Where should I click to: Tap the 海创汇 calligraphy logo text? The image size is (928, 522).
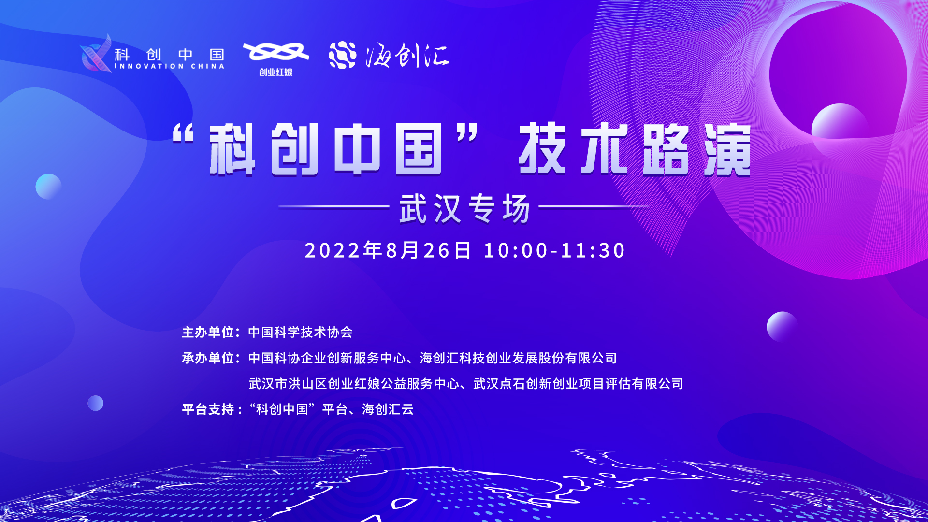coord(407,56)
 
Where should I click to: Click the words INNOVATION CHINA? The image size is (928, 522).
coord(169,66)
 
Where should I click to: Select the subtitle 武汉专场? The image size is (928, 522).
coord(465,208)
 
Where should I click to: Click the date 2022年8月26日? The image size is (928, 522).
coord(388,250)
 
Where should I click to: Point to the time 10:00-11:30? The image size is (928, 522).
coord(554,250)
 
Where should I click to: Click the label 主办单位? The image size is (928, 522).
coord(208,332)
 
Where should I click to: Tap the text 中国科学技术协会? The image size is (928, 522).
coord(301,332)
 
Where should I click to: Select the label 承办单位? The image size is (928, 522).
coord(208,358)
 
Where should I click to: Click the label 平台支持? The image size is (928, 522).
coord(208,409)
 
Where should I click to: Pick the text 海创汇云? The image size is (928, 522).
coord(388,409)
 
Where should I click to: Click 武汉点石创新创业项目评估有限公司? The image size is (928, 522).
coord(578,384)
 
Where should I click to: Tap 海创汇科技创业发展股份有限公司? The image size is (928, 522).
coord(519,358)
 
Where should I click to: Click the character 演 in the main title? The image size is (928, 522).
coord(727,149)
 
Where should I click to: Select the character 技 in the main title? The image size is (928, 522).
coord(542,148)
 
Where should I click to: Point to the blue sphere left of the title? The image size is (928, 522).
coord(48,187)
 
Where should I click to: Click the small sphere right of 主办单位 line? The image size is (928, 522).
coord(782,327)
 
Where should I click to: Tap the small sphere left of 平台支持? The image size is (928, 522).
coord(95,403)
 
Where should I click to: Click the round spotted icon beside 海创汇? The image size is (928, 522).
coord(343,55)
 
